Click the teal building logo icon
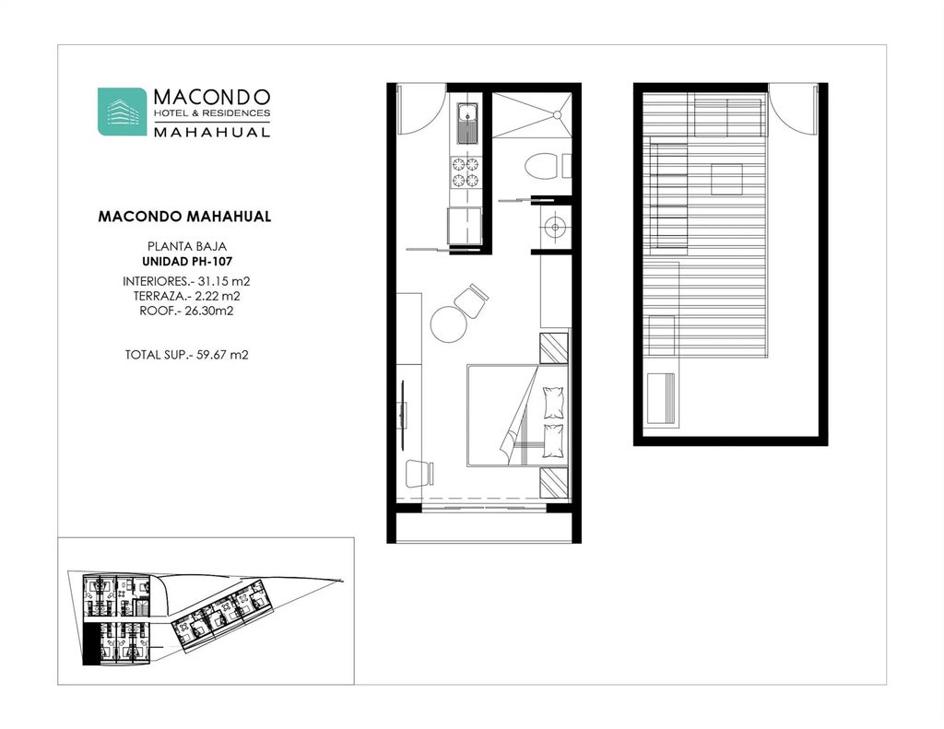pyautogui.click(x=122, y=112)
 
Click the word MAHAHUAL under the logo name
pyautogui.click(x=211, y=132)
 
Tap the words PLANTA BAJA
pyautogui.click(x=186, y=247)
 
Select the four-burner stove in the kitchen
pyautogui.click(x=466, y=171)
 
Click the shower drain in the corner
pyautogui.click(x=557, y=114)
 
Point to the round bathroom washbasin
pyautogui.click(x=553, y=226)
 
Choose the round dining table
pyautogui.click(x=450, y=324)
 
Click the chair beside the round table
pyautogui.click(x=472, y=300)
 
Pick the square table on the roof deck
pyautogui.click(x=726, y=178)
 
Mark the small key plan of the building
pyautogui.click(x=206, y=611)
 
